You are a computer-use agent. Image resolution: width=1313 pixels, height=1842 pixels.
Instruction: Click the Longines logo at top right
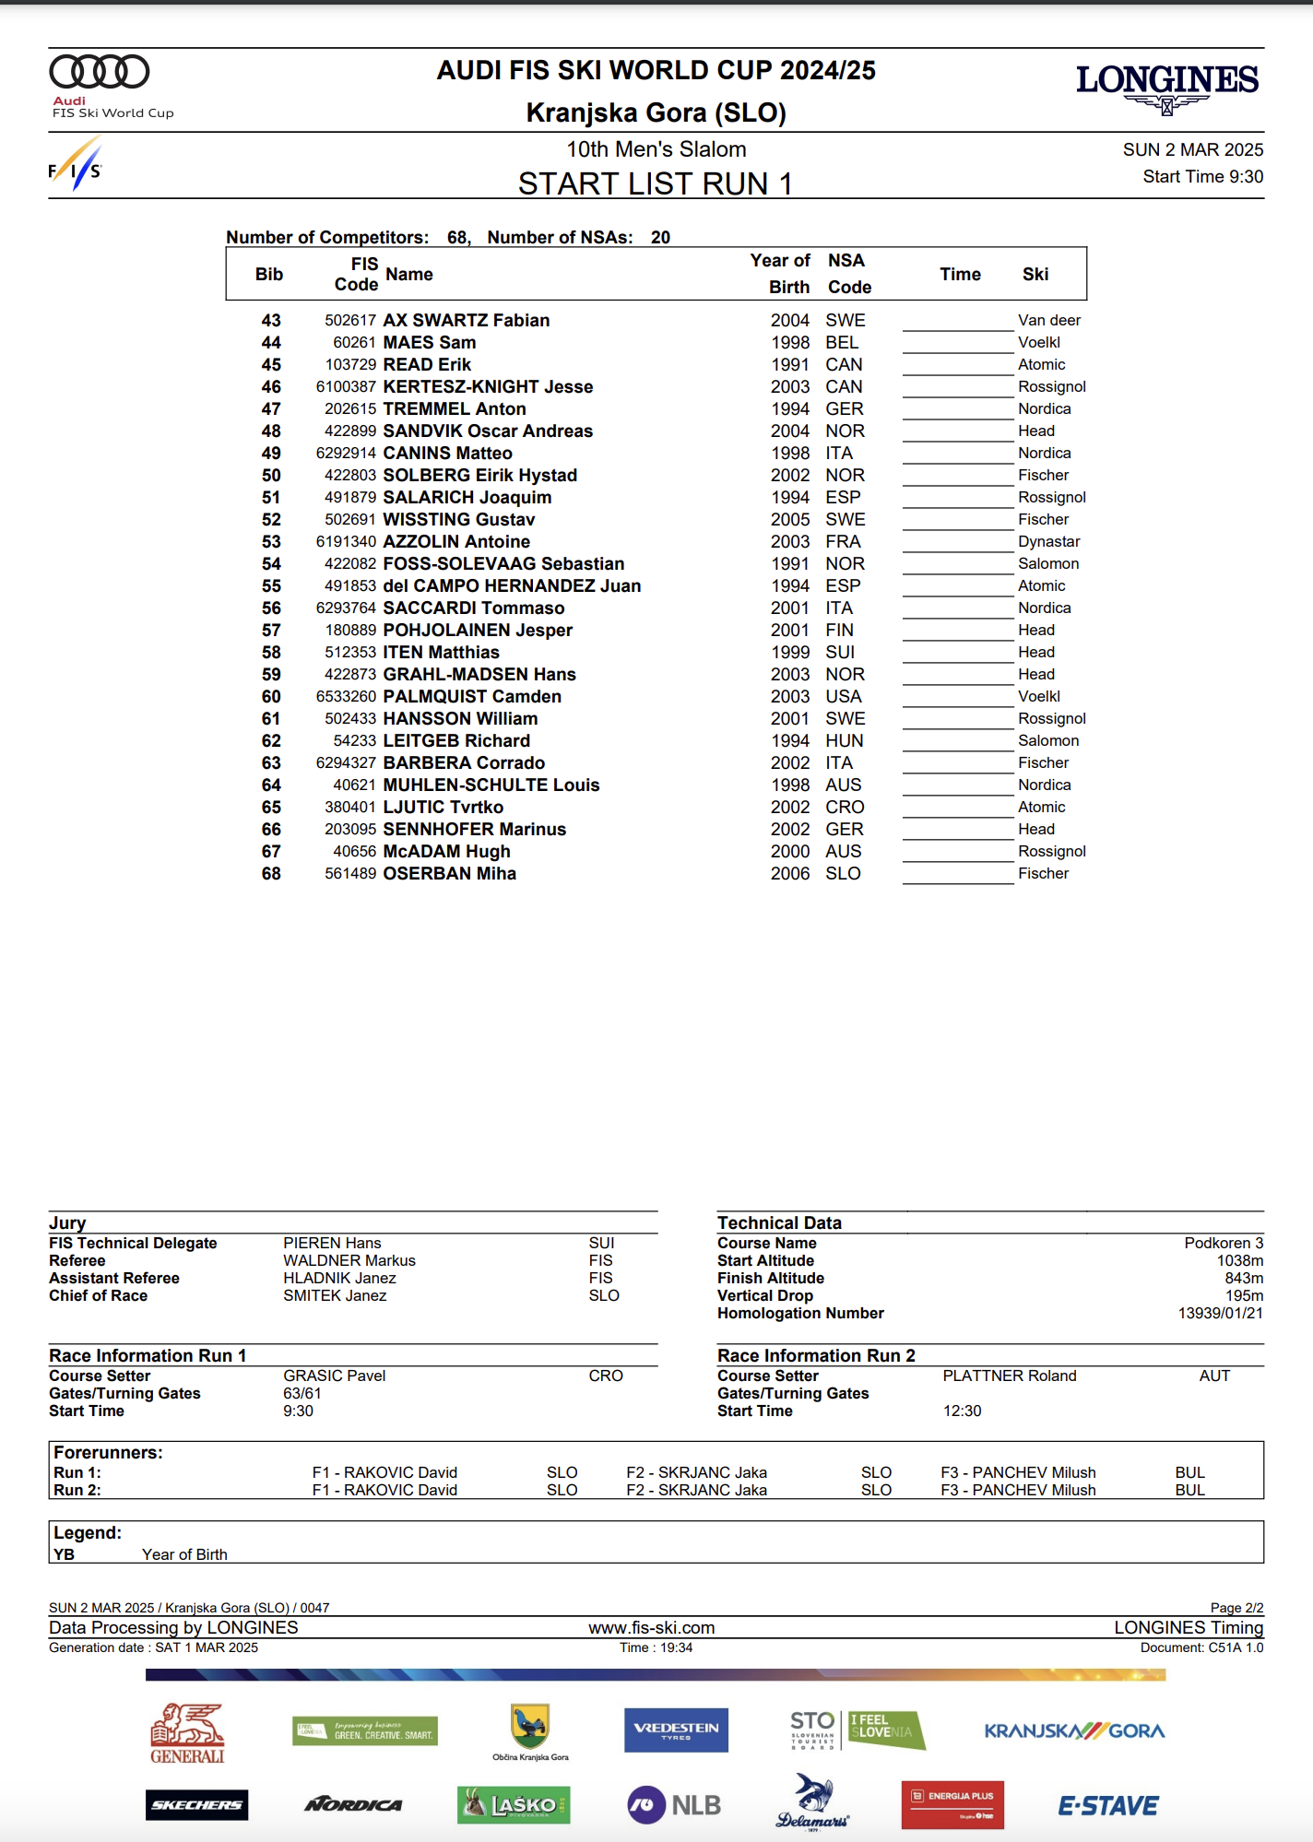point(1166,86)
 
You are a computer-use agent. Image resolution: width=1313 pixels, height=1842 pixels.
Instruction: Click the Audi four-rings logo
point(100,72)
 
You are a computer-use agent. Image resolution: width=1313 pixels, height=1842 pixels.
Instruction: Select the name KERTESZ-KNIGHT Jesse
point(488,387)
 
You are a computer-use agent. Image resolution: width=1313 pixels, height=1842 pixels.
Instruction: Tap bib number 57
point(271,631)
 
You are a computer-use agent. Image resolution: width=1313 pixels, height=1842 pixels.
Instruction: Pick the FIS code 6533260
point(346,697)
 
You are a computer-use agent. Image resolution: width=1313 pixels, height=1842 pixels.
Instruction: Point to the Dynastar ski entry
point(1048,542)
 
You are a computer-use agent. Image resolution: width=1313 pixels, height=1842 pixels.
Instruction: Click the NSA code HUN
point(844,741)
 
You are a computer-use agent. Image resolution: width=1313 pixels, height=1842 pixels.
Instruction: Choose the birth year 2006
point(790,874)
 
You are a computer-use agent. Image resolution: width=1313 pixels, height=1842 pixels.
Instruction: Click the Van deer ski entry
point(1048,321)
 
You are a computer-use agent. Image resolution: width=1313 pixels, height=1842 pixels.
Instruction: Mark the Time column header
point(960,275)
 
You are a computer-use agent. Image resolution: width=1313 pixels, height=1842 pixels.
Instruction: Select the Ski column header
point(1035,275)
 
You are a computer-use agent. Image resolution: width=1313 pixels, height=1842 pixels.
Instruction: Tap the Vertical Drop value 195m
point(1244,1296)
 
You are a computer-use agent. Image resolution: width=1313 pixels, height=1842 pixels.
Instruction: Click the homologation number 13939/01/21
point(1220,1314)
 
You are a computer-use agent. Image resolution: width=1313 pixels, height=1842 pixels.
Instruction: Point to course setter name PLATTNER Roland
point(1009,1376)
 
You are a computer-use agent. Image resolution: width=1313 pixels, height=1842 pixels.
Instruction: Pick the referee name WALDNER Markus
point(349,1261)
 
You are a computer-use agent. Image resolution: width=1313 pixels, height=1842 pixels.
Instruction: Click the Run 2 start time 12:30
point(962,1411)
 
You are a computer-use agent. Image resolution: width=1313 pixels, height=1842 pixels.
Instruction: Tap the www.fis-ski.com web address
point(652,1628)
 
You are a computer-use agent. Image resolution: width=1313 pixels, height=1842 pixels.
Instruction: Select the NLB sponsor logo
point(674,1805)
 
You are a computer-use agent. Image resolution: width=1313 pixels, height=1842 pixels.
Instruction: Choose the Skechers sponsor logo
point(196,1805)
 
